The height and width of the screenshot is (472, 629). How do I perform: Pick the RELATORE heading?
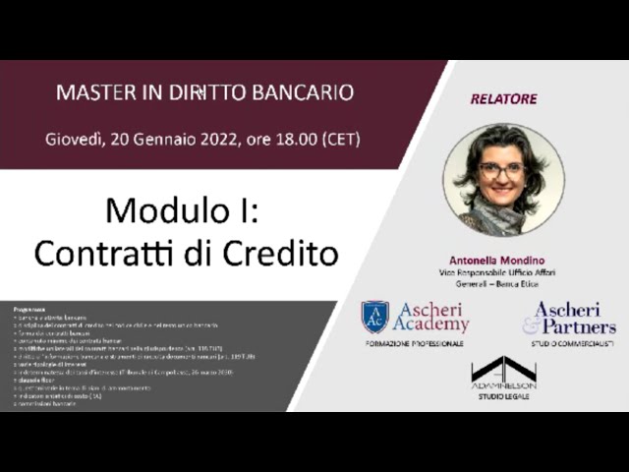[503, 98]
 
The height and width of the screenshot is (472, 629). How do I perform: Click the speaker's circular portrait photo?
[503, 178]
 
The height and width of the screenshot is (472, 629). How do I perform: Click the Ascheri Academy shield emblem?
[374, 317]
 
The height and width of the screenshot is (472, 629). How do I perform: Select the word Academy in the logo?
[430, 324]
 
